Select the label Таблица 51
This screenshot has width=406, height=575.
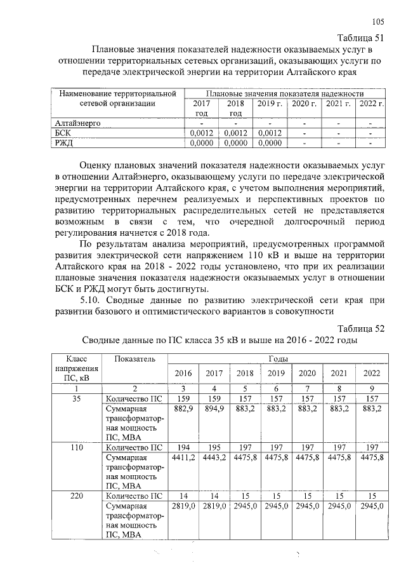[360, 36]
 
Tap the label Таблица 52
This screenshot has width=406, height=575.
[361, 328]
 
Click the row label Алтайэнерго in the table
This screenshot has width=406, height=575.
[78, 123]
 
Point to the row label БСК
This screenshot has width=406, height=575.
[63, 133]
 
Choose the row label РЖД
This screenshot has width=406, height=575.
[64, 144]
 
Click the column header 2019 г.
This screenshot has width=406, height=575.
[270, 103]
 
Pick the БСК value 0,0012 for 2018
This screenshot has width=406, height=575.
[235, 133]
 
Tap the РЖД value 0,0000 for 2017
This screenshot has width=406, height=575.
[201, 144]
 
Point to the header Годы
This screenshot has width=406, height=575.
[277, 359]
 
